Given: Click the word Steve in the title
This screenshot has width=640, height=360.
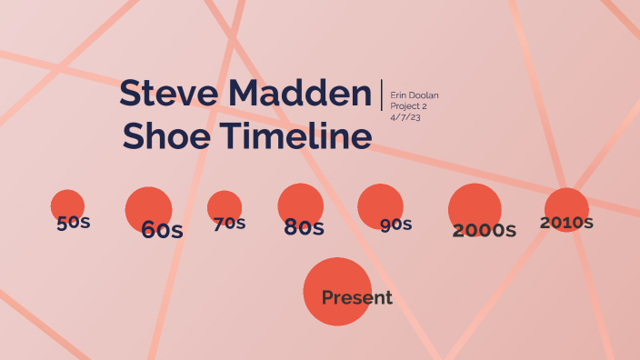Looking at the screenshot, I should (x=170, y=94).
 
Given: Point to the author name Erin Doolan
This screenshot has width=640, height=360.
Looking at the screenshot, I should (x=415, y=95).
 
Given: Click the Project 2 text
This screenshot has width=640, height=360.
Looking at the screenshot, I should (x=408, y=106).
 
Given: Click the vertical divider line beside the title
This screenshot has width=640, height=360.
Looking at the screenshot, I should (x=382, y=95).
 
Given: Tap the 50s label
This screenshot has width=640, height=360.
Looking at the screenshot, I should (x=73, y=223).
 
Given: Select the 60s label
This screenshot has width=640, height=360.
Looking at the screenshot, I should (x=162, y=230).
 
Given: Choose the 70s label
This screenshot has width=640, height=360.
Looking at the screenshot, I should (x=229, y=224).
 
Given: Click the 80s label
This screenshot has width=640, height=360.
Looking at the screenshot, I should (x=304, y=227).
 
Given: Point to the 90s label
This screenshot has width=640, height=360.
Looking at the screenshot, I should (x=396, y=225).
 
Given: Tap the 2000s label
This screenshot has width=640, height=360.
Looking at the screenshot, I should (x=485, y=230).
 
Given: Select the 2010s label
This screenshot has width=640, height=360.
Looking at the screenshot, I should (x=566, y=222).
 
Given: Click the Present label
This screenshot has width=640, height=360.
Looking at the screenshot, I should (x=357, y=297).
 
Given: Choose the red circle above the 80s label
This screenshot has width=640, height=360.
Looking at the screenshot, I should (x=300, y=202).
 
